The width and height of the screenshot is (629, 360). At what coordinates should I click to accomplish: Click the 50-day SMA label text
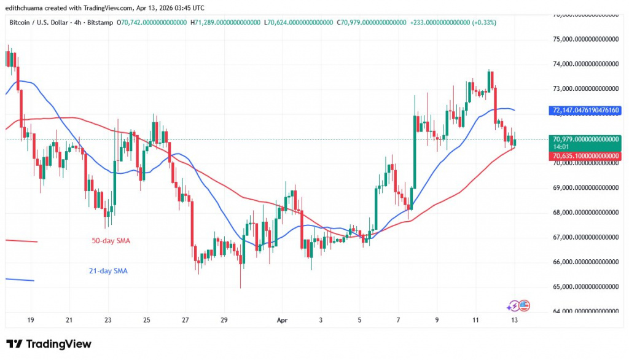click(x=111, y=241)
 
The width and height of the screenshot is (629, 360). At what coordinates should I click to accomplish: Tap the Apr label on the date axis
click(x=281, y=320)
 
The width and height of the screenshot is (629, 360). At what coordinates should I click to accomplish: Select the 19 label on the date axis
click(x=30, y=320)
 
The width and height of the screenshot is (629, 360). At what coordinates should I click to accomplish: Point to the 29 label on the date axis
click(x=224, y=320)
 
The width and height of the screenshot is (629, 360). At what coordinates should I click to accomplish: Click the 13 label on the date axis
click(x=514, y=320)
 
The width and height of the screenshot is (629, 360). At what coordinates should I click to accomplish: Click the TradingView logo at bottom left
click(x=49, y=344)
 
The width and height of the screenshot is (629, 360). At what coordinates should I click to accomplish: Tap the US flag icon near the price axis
click(x=524, y=305)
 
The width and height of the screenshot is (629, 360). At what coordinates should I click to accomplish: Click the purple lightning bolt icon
click(x=512, y=305)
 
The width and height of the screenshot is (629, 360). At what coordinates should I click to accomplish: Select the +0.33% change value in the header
click(x=484, y=22)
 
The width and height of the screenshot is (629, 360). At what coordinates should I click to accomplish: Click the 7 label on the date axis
click(x=398, y=320)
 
